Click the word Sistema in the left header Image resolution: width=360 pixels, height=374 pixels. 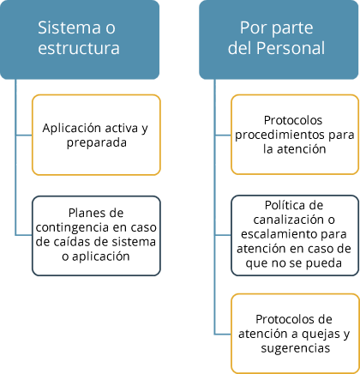click(x=69, y=27)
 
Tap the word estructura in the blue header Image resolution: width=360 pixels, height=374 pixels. click(x=79, y=48)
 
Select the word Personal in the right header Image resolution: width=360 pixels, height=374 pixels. click(x=291, y=48)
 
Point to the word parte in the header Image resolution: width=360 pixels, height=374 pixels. click(x=291, y=28)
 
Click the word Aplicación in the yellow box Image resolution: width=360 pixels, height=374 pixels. click(x=69, y=128)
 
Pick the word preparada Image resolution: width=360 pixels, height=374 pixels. click(x=97, y=142)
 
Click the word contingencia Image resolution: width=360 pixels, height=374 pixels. click(x=72, y=228)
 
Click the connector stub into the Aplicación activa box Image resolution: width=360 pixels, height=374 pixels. click(x=24, y=135)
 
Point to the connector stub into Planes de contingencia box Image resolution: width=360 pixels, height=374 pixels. click(x=24, y=235)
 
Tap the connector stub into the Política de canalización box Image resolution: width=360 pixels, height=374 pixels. click(x=223, y=235)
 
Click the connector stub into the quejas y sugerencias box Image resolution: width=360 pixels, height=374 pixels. click(x=223, y=334)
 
